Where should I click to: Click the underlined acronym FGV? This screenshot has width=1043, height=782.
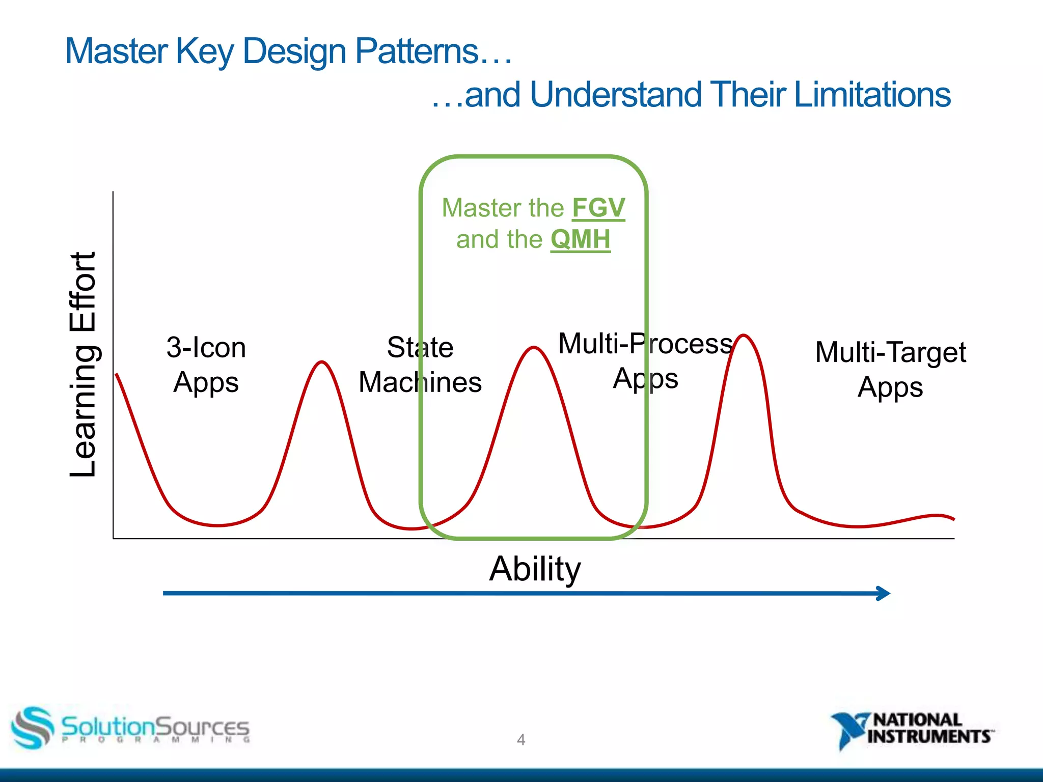coord(598,208)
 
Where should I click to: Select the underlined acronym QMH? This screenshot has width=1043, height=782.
coord(580,239)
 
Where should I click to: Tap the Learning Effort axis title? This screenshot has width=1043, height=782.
coord(83,365)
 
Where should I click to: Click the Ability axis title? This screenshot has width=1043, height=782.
coord(535,569)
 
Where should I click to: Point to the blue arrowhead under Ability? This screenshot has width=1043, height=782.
coord(884,593)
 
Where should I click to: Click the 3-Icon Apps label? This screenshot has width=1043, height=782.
coord(206,365)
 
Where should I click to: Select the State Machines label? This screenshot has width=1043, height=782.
coord(420,365)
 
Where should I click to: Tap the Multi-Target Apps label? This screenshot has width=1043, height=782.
coord(890,369)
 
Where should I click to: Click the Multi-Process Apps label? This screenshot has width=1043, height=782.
coord(645,360)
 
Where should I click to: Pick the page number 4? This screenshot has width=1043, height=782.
coord(521,739)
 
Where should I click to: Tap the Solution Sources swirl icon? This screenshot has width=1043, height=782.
coord(32,727)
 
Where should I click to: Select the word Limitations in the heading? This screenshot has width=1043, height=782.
coord(872,95)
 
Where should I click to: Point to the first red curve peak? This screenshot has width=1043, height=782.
coord(322,362)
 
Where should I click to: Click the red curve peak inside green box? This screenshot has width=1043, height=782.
coord(533,348)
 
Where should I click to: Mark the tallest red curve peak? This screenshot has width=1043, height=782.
coord(744,336)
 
